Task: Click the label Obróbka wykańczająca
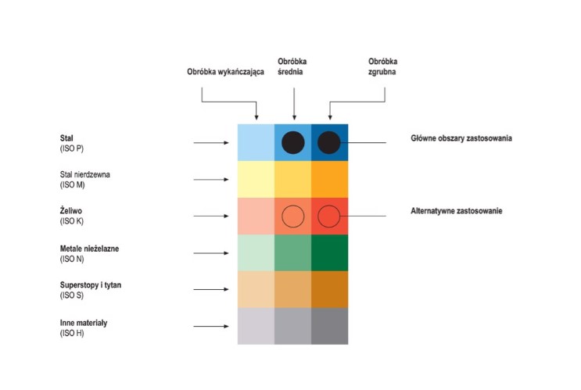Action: (x=225, y=72)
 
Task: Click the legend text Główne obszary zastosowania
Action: (x=461, y=138)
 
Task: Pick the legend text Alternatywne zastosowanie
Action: (x=457, y=212)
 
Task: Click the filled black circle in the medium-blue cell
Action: (x=292, y=142)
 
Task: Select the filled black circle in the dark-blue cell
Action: (x=329, y=142)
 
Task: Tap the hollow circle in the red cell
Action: (x=329, y=216)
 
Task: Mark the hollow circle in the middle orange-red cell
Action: (x=292, y=216)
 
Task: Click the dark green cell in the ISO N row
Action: (x=329, y=252)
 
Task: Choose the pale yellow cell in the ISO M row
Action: (x=256, y=179)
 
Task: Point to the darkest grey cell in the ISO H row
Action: (x=329, y=326)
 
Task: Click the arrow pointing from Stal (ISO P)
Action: (x=211, y=143)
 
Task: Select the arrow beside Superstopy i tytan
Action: (x=211, y=290)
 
